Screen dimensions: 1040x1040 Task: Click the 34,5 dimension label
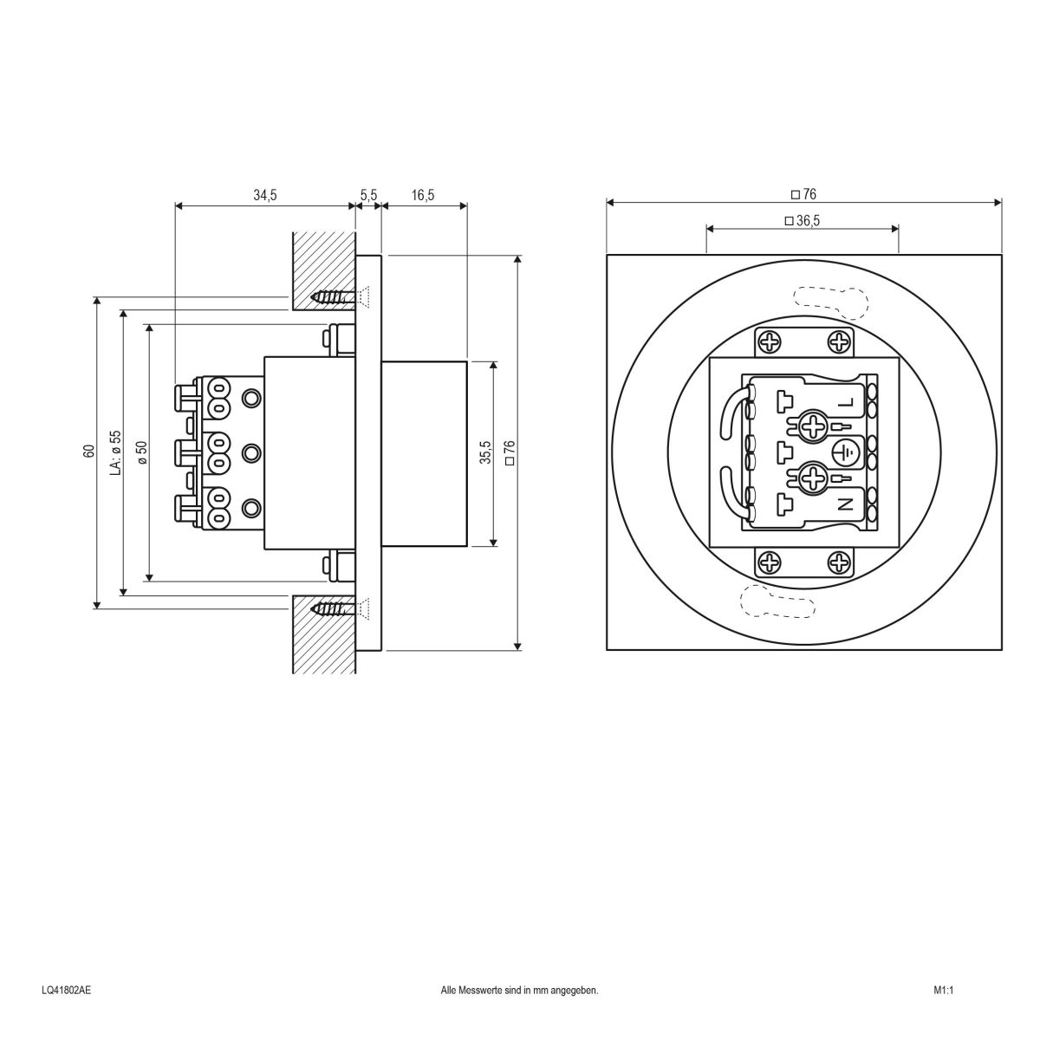[264, 195]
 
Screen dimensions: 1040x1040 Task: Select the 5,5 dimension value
[368, 195]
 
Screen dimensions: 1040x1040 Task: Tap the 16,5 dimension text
[423, 195]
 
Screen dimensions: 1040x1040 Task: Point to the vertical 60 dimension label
[88, 451]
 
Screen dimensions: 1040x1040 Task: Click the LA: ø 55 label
[115, 451]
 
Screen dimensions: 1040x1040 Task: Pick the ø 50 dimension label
[141, 452]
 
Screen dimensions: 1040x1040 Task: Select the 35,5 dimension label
[485, 452]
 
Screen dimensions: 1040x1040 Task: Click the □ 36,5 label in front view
[802, 221]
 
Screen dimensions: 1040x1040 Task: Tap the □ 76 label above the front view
[804, 194]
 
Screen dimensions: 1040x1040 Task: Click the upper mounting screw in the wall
[333, 297]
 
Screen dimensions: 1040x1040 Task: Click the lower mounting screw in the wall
[333, 608]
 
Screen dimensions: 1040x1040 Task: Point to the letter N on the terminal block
[846, 503]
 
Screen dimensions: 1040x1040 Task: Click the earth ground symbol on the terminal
[846, 452]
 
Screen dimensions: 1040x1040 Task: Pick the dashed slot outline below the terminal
[777, 602]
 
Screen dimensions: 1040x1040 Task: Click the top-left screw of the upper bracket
[770, 342]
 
